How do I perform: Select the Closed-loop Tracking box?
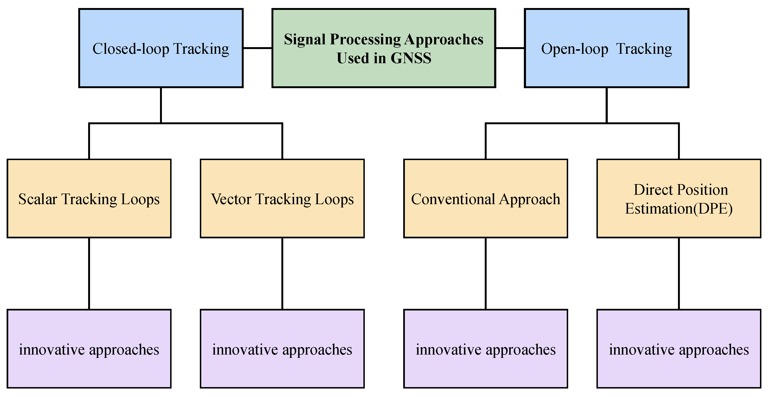point(161,48)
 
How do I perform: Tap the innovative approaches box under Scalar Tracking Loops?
point(89,349)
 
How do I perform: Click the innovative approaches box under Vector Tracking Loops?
point(282,349)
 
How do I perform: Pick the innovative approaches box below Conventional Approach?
point(485,349)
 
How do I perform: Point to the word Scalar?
point(37,199)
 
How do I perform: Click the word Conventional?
point(453,199)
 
